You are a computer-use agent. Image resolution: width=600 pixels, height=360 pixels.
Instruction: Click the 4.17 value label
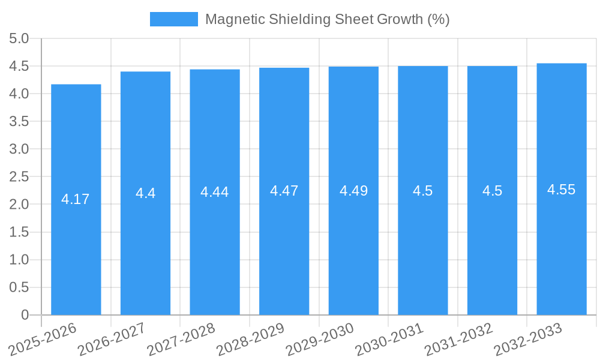76,199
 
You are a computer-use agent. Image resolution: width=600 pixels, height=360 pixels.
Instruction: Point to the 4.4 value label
145,193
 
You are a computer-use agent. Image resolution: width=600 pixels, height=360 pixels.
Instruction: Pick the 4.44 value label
215,192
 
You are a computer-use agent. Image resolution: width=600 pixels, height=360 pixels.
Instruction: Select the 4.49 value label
354,191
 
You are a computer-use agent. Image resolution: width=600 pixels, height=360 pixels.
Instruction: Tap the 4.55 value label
562,190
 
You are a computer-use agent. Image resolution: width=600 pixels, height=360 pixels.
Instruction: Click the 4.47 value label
284,191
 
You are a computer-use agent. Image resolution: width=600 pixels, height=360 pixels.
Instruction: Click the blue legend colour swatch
174,19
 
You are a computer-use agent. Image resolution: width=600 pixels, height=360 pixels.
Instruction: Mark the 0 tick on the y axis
25,315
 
